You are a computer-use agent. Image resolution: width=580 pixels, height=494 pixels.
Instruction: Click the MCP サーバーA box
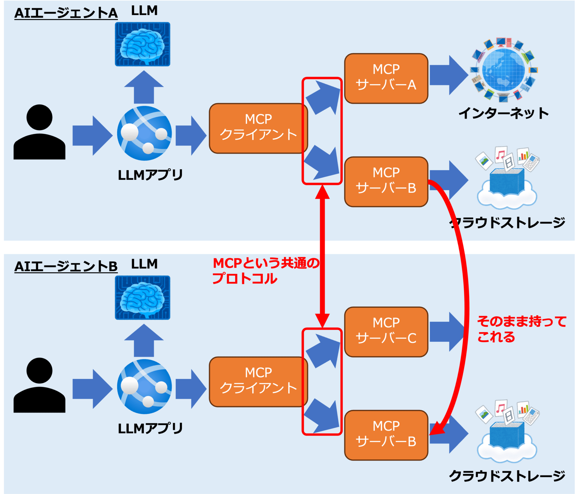[x=386, y=78]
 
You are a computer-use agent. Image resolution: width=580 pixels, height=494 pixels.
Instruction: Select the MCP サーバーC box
[x=386, y=332]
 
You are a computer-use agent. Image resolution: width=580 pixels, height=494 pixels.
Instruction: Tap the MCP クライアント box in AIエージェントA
[x=258, y=128]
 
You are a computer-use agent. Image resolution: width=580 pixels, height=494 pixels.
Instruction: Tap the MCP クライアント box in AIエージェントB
[x=258, y=382]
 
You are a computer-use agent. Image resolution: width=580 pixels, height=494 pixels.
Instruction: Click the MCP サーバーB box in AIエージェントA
[x=386, y=182]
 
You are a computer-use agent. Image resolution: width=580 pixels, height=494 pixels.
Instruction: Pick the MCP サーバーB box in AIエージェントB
[x=386, y=435]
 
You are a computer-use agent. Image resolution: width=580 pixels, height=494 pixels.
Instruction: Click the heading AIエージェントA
[x=66, y=13]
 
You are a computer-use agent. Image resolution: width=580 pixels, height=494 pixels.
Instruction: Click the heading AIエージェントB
[x=66, y=266]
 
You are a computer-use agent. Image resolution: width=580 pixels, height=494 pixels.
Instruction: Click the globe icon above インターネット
[x=504, y=70]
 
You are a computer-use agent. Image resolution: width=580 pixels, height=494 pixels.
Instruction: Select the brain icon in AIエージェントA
[x=142, y=44]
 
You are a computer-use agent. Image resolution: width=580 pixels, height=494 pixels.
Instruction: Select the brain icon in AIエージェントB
[x=142, y=297]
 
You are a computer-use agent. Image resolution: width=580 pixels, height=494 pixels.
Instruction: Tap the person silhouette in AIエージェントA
[x=39, y=132]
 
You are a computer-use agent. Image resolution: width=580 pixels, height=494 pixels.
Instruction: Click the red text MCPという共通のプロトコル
[x=265, y=271]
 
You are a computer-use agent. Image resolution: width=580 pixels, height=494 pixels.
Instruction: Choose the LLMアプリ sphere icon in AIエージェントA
[x=144, y=133]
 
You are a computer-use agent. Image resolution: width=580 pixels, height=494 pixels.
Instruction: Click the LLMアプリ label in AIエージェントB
[x=150, y=428]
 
